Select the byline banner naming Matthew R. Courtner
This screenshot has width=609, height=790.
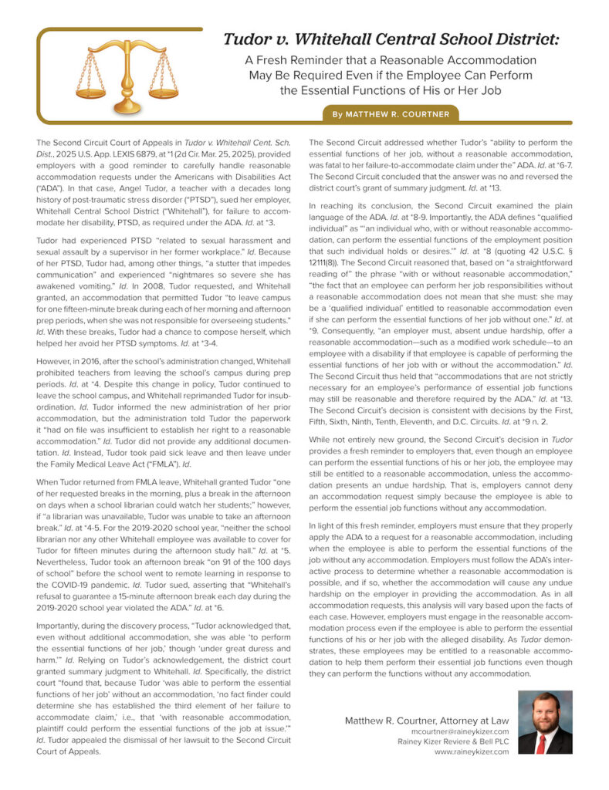coord(391,114)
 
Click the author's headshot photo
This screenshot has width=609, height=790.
coord(544,722)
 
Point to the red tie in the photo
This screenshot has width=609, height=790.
coord(542,741)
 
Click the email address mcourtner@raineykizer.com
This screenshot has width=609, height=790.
coord(459,731)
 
